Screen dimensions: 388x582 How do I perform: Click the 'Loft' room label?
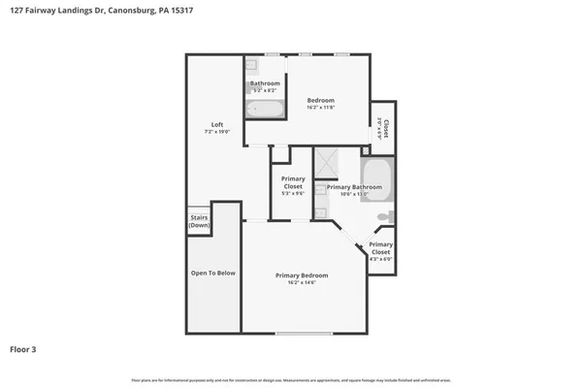pos(217,123)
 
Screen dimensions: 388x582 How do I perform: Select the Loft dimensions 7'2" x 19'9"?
pos(217,132)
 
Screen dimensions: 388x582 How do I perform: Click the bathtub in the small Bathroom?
pos(264,109)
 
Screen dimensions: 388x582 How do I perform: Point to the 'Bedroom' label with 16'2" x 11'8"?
pos(321,100)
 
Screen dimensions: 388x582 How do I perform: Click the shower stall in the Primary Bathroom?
pos(326,164)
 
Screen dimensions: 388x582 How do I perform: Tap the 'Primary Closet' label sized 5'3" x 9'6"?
pos(292,182)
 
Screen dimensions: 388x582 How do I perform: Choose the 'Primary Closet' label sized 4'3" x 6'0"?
pos(380,247)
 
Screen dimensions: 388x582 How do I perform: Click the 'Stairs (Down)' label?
pos(199,221)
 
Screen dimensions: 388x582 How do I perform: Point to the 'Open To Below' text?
pos(212,273)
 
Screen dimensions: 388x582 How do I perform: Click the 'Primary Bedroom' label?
pos(302,275)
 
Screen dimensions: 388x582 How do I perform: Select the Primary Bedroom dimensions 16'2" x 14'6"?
pos(302,283)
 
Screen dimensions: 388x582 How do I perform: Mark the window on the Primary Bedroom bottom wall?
pos(303,335)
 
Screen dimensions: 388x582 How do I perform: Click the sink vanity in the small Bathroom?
pos(251,66)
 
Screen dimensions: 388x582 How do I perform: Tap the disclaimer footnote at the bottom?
pos(291,379)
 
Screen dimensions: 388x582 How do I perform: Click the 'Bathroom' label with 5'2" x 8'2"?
pos(265,83)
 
